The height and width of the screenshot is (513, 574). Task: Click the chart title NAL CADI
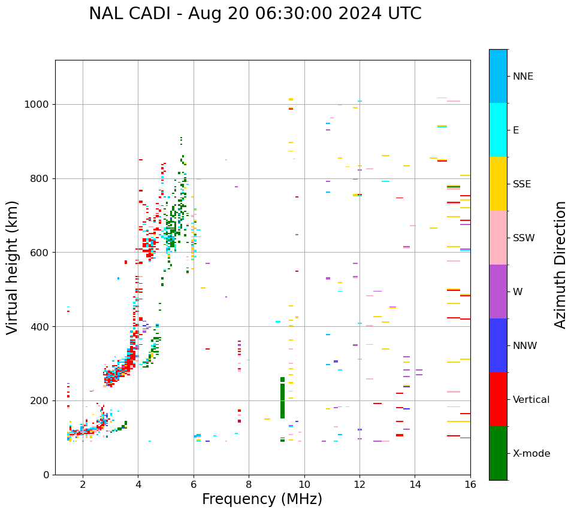255,14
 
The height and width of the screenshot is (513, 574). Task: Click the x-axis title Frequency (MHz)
262,499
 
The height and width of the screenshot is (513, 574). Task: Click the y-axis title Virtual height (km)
13,267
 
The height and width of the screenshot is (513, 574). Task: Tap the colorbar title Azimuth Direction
560,265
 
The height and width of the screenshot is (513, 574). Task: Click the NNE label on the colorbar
522,77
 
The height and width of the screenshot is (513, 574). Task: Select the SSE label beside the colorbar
522,184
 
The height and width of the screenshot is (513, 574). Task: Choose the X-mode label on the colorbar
531,454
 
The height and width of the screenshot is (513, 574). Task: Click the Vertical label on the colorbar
532,400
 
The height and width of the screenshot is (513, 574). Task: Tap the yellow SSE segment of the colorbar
498,184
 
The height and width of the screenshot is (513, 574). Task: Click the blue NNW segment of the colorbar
498,345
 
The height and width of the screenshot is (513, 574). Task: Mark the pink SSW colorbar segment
498,238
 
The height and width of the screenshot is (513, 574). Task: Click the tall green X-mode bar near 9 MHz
282,398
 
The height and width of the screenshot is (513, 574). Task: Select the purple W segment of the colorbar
498,292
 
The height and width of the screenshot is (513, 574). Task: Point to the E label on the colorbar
516,130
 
